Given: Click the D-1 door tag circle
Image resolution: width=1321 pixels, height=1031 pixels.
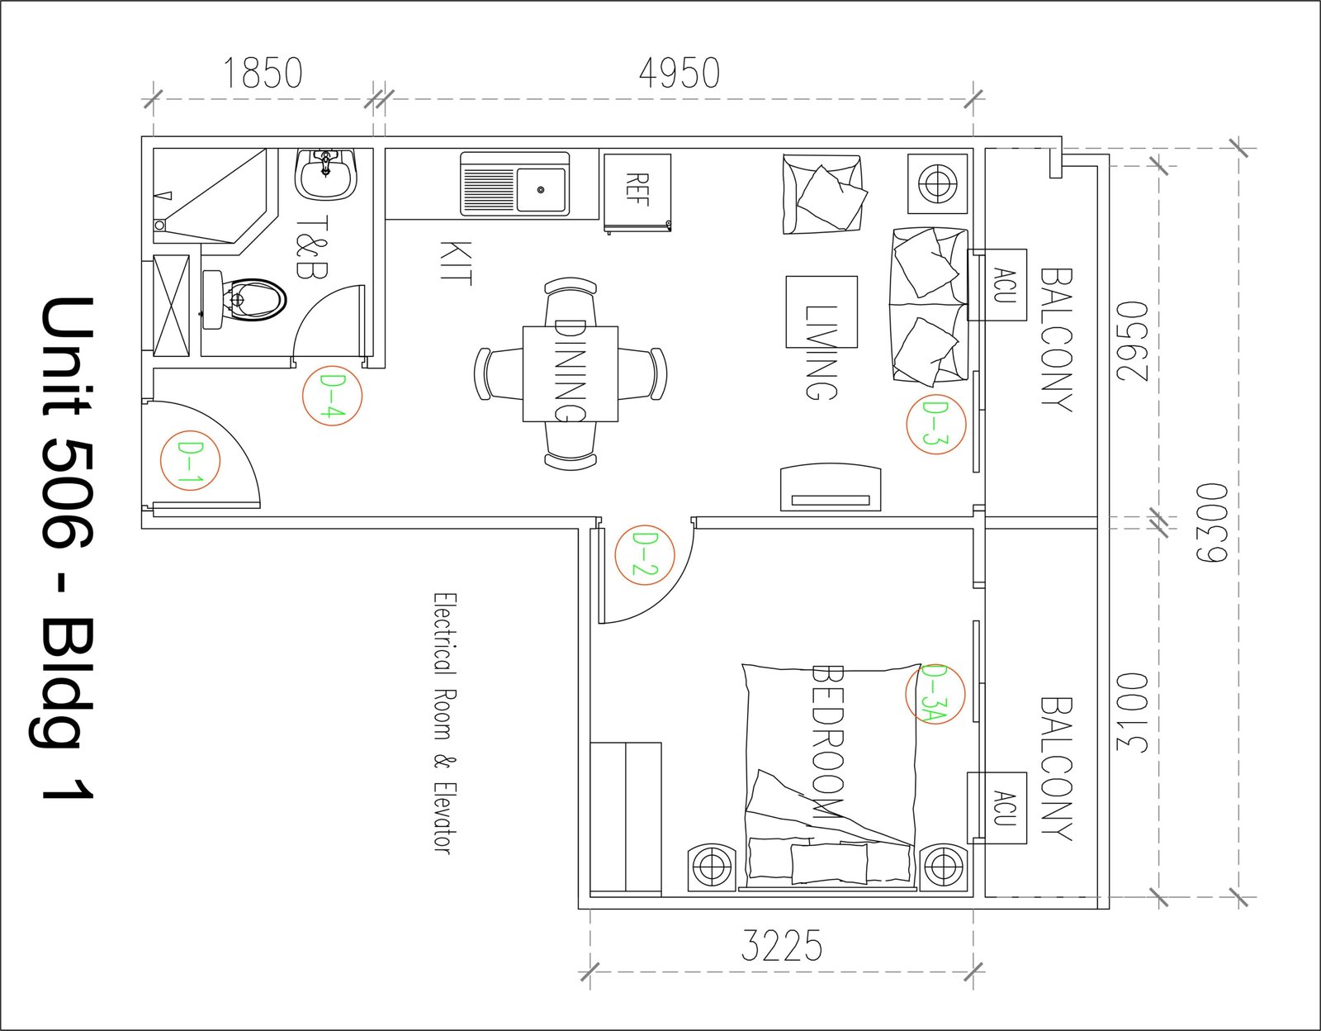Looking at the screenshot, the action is (x=160, y=460).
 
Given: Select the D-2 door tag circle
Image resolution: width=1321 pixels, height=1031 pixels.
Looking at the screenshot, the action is (x=615, y=554).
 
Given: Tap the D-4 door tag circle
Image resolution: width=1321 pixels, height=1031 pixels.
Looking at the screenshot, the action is (x=303, y=396).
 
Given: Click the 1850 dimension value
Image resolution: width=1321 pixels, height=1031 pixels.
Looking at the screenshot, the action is (x=263, y=73).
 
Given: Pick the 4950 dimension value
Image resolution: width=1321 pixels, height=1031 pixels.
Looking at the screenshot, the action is (x=679, y=73).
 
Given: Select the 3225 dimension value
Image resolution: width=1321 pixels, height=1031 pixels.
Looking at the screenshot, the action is (x=782, y=946).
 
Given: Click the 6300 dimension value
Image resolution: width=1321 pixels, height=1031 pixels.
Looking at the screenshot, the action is (x=1211, y=523).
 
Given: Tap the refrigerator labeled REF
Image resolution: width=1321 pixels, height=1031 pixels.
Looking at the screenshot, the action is (x=637, y=192).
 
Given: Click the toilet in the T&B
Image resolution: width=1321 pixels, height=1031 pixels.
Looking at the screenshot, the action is (x=244, y=300).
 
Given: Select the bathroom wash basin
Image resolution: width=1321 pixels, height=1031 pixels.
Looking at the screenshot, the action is (x=326, y=174).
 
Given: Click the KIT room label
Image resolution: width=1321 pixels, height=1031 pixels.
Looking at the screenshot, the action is (x=455, y=263).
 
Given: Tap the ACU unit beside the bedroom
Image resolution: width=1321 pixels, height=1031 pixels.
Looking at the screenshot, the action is (x=997, y=808).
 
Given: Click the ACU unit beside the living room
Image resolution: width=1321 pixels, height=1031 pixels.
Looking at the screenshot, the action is (x=997, y=285).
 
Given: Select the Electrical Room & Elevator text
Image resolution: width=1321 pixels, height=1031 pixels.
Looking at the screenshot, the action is (x=445, y=724).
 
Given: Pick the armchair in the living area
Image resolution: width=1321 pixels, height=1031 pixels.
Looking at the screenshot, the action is (x=822, y=194).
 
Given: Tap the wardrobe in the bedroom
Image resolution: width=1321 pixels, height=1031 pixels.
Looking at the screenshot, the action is (x=626, y=819).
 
